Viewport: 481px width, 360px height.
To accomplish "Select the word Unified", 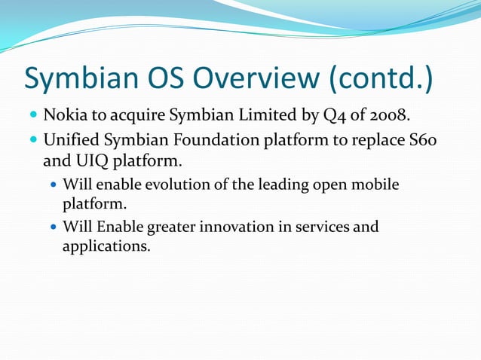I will coord(73,140).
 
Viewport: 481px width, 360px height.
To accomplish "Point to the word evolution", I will coord(185,185).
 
